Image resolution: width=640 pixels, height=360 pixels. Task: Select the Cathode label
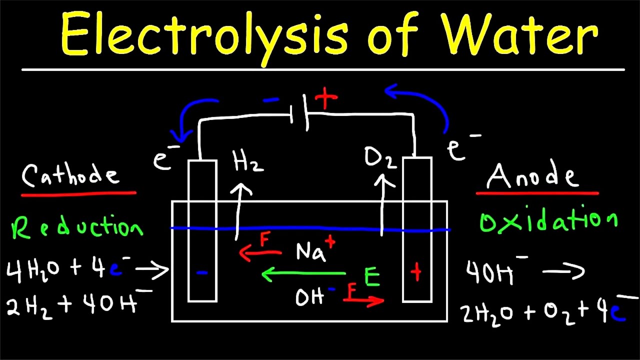[x=70, y=175]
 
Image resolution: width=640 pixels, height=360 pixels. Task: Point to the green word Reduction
[x=77, y=226]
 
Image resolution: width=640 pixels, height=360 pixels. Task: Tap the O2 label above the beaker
[x=380, y=158]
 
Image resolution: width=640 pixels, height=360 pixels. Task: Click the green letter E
[x=372, y=276]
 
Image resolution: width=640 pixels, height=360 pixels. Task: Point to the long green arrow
[x=303, y=274]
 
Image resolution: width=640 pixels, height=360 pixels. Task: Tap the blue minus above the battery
[x=271, y=99]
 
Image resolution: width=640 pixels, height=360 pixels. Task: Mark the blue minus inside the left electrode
[x=202, y=273]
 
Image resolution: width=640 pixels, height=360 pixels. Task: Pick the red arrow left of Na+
[x=260, y=253]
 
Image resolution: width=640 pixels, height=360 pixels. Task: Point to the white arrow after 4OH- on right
[x=563, y=271]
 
